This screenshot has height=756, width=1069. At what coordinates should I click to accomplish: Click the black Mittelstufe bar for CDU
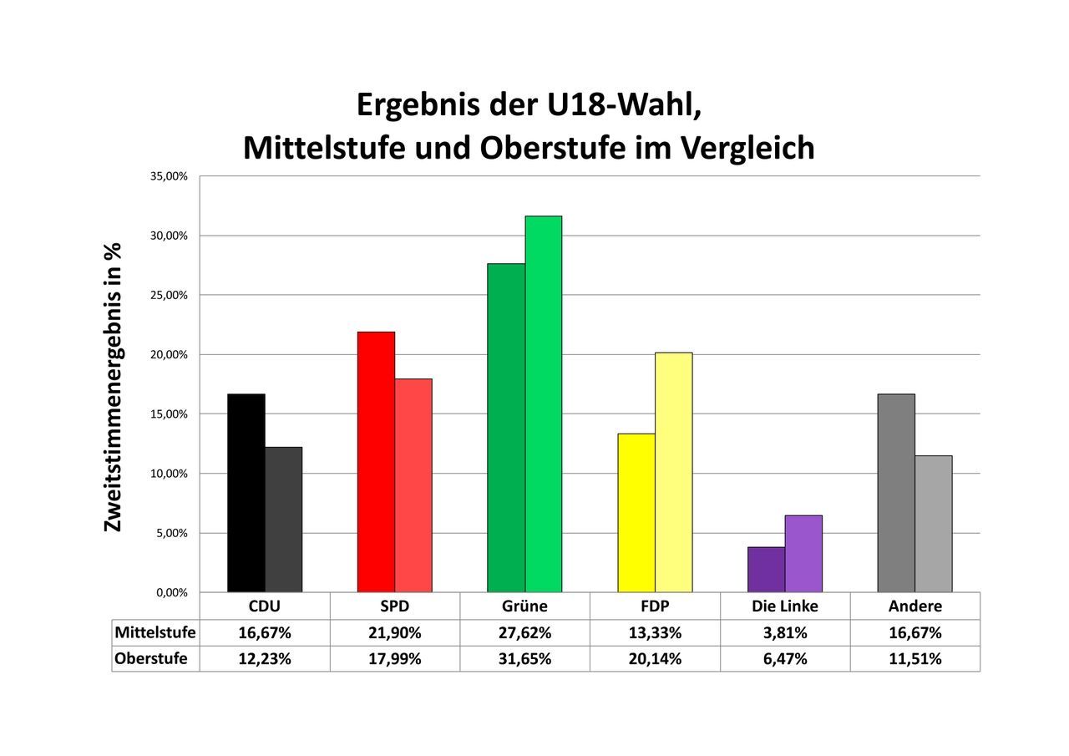[x=246, y=493]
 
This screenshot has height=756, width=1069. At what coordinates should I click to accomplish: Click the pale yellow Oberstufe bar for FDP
[x=673, y=472]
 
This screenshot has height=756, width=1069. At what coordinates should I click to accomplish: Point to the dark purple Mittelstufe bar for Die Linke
[x=766, y=570]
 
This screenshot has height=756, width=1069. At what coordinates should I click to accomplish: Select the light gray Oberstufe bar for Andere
[x=933, y=524]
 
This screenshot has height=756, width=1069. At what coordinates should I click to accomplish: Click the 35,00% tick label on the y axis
[x=169, y=176]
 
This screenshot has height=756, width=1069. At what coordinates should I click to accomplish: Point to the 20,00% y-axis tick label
[x=169, y=355]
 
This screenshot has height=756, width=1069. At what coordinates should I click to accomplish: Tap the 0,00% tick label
[x=171, y=592]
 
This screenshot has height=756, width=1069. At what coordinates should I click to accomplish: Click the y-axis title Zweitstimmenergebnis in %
[x=113, y=387]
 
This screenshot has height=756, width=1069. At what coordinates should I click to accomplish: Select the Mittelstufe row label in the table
[x=155, y=632]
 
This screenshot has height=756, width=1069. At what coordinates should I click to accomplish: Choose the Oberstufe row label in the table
[x=151, y=658]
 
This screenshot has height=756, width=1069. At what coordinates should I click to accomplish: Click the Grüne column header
[x=524, y=606]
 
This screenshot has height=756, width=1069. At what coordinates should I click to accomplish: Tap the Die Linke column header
[x=785, y=606]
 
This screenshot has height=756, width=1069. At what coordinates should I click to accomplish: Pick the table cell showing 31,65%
[x=524, y=658]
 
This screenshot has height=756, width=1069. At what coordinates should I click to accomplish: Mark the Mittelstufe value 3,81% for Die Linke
[x=785, y=632]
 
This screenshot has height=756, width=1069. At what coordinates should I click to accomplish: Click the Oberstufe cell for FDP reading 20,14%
[x=655, y=658]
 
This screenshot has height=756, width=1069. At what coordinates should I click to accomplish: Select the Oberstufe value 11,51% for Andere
[x=915, y=658]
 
